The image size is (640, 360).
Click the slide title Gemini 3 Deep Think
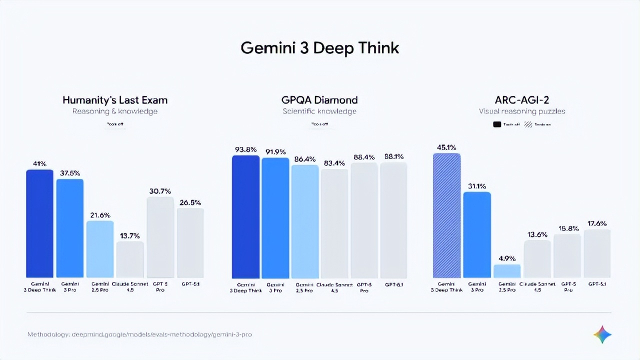click(319, 47)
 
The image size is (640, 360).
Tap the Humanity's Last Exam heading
click(115, 100)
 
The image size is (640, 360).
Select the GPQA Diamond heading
click(319, 100)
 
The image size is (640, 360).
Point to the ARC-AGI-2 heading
click(521, 100)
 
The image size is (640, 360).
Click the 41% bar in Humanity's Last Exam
click(39, 223)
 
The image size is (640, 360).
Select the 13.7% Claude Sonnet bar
click(130, 259)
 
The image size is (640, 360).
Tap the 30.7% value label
click(160, 191)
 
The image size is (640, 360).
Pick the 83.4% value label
click(334, 163)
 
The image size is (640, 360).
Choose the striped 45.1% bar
click(446, 215)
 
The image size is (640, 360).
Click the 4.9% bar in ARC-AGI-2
click(507, 271)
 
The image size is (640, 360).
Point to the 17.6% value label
click(597, 223)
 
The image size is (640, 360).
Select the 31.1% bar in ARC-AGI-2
click(477, 234)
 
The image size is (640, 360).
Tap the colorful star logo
click(602, 334)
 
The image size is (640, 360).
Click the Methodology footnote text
click(139, 334)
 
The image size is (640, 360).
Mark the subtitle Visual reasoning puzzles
click(521, 111)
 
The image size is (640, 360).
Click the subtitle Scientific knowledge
click(319, 111)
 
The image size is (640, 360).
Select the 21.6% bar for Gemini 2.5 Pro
click(100, 249)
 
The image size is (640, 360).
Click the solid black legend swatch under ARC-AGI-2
click(497, 125)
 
